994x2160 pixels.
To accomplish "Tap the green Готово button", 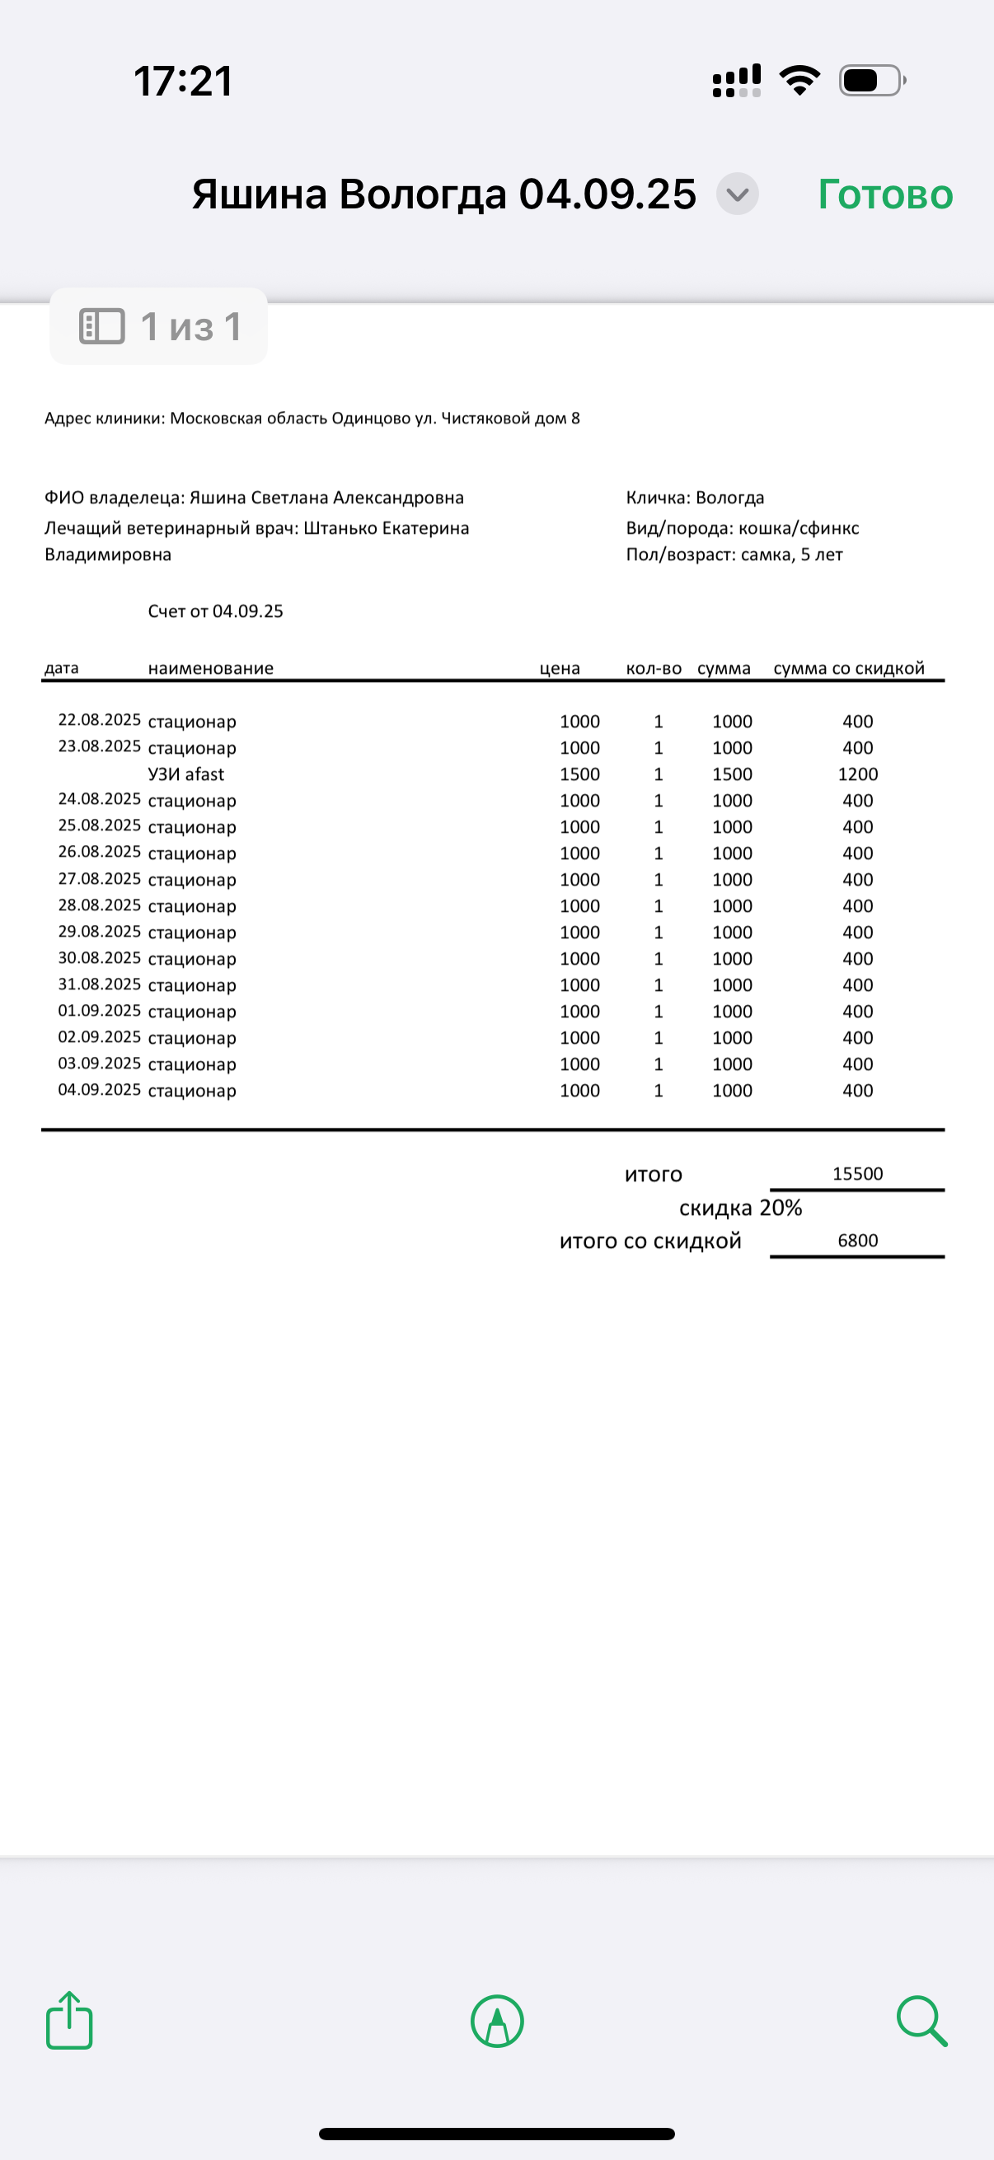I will (885, 194).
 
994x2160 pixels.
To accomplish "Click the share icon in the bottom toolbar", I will (68, 2020).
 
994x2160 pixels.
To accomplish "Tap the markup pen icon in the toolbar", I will (498, 2021).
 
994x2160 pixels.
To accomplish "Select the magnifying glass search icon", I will (921, 2021).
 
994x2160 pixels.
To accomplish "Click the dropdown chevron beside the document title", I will (738, 194).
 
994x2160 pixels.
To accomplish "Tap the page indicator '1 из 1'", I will (159, 327).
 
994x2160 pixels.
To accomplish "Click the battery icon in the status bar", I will (871, 81).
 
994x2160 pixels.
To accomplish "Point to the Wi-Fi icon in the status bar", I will (799, 81).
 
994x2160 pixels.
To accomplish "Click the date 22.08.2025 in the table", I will (99, 719).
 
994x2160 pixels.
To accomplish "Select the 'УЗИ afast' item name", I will (186, 774).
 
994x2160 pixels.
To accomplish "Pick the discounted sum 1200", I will (857, 774).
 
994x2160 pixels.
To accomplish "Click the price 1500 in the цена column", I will (579, 774).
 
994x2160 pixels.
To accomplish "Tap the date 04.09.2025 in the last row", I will (99, 1089).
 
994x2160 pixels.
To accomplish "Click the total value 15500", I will (857, 1174).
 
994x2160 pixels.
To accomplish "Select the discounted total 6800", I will (857, 1241).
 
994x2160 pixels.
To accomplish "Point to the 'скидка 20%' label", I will (741, 1209).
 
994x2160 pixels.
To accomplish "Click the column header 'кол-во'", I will (654, 668).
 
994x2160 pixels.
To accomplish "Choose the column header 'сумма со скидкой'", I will (849, 668).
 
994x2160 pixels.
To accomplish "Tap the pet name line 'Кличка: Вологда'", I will (695, 498).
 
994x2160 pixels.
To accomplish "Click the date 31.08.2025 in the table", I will (99, 984).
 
